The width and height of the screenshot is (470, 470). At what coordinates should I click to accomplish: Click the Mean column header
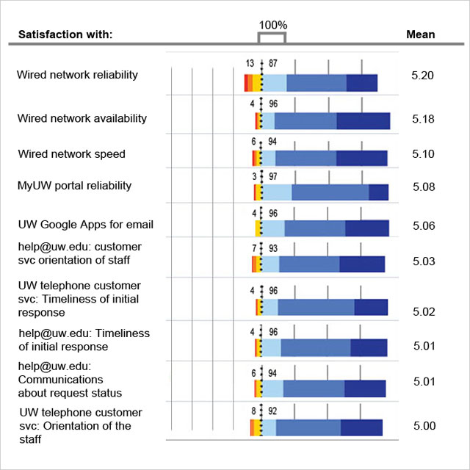tap(420, 35)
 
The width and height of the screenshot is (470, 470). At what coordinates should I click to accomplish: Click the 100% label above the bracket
tap(272, 24)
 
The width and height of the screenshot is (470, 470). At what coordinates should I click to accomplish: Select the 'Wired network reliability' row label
tap(77, 74)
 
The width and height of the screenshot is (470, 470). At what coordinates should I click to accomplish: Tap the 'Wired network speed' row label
tap(72, 154)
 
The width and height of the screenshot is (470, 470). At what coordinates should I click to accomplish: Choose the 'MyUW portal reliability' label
tap(75, 186)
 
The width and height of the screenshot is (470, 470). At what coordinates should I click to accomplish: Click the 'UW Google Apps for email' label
tap(86, 225)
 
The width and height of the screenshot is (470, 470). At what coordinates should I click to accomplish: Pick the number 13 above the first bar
tap(250, 65)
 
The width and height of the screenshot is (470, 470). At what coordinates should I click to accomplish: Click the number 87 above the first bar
tap(273, 65)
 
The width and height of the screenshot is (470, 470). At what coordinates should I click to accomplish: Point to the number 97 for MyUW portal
tap(272, 176)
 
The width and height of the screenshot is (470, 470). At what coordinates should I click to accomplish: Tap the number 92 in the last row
tap(272, 411)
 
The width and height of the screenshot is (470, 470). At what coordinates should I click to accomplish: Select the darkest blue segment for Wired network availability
tap(363, 121)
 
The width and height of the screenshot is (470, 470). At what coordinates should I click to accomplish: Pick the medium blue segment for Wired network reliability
tap(317, 83)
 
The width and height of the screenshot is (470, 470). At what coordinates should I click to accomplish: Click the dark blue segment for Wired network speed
tap(361, 158)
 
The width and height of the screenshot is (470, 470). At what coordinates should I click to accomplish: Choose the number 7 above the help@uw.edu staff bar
tap(253, 248)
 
